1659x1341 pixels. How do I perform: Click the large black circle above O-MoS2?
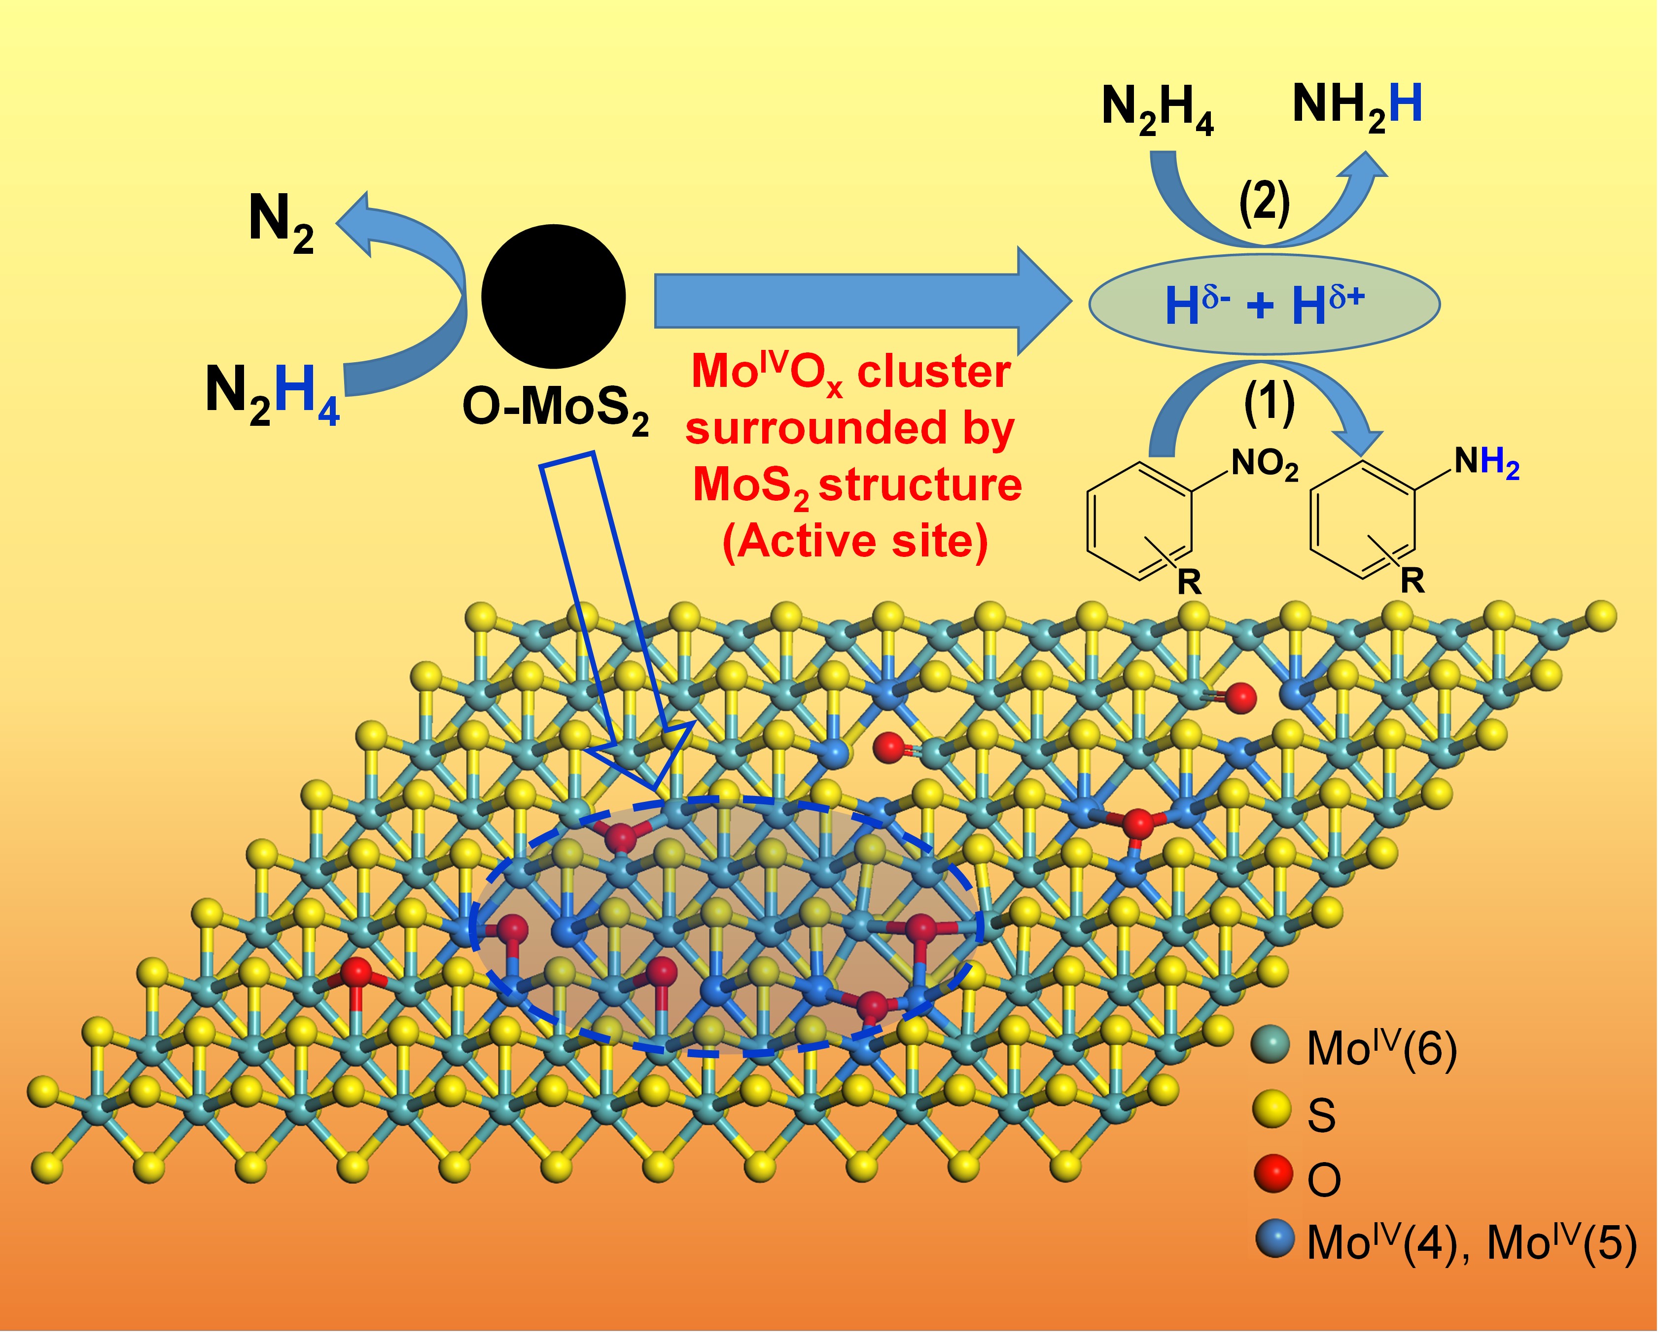click(x=553, y=297)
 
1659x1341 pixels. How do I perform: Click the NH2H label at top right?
click(x=1357, y=106)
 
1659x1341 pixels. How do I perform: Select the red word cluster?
click(x=933, y=372)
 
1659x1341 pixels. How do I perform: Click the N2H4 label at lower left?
click(x=272, y=392)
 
